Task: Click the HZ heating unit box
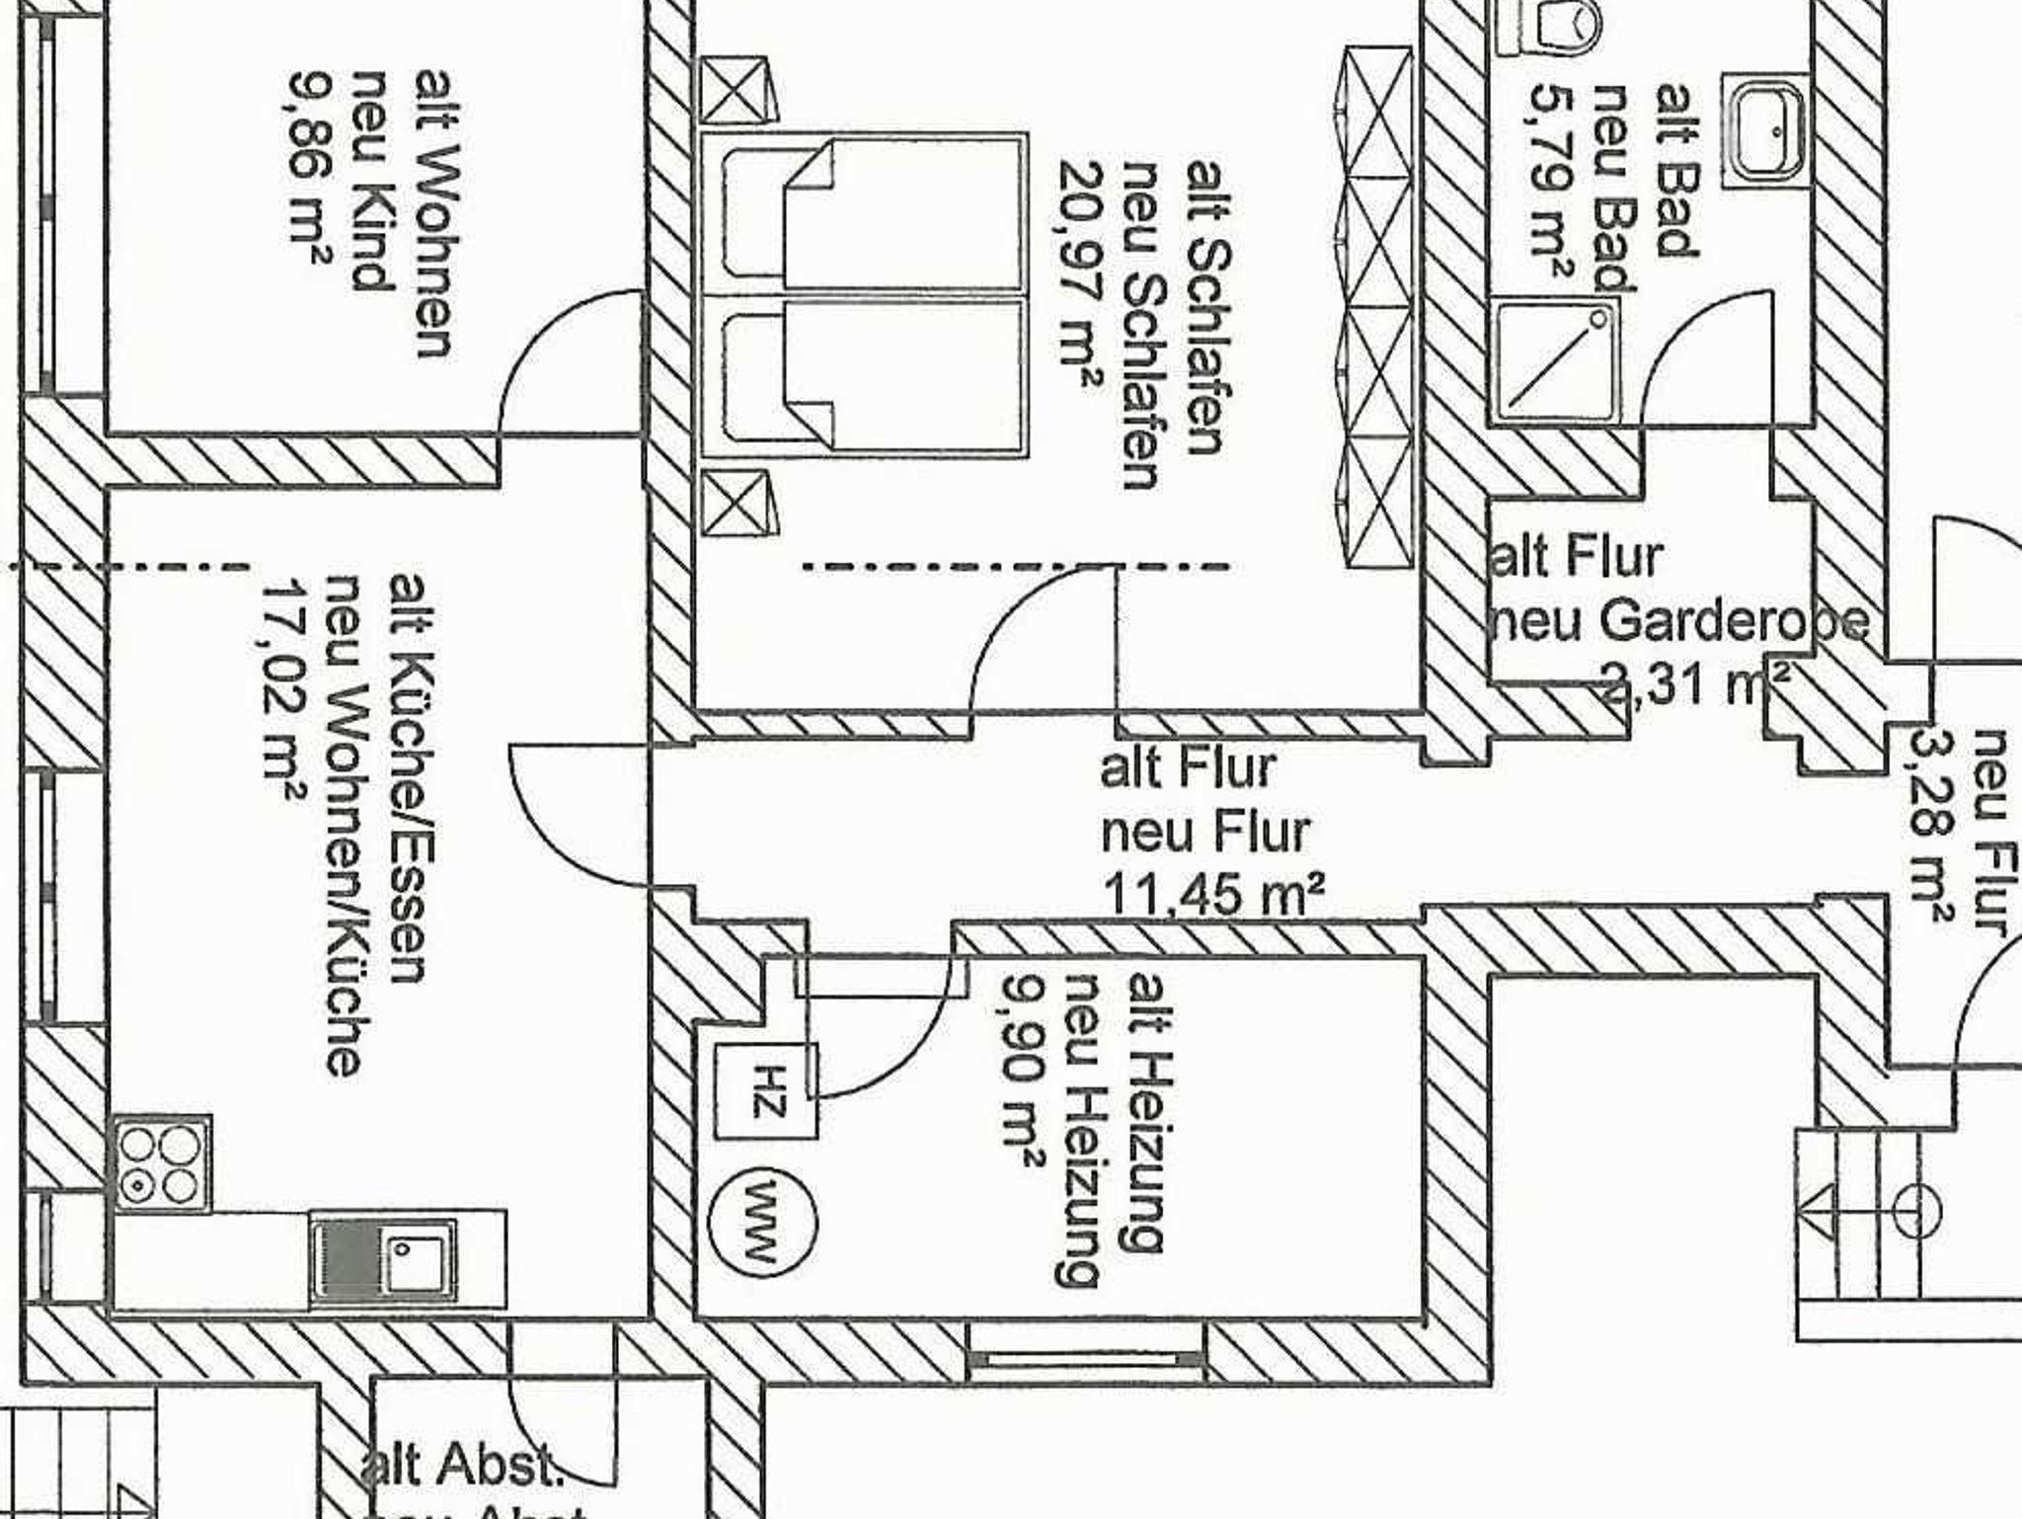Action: pos(766,1090)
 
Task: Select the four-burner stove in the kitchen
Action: pos(163,1164)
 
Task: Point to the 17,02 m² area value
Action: pos(282,692)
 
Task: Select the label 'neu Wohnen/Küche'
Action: pos(345,825)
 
